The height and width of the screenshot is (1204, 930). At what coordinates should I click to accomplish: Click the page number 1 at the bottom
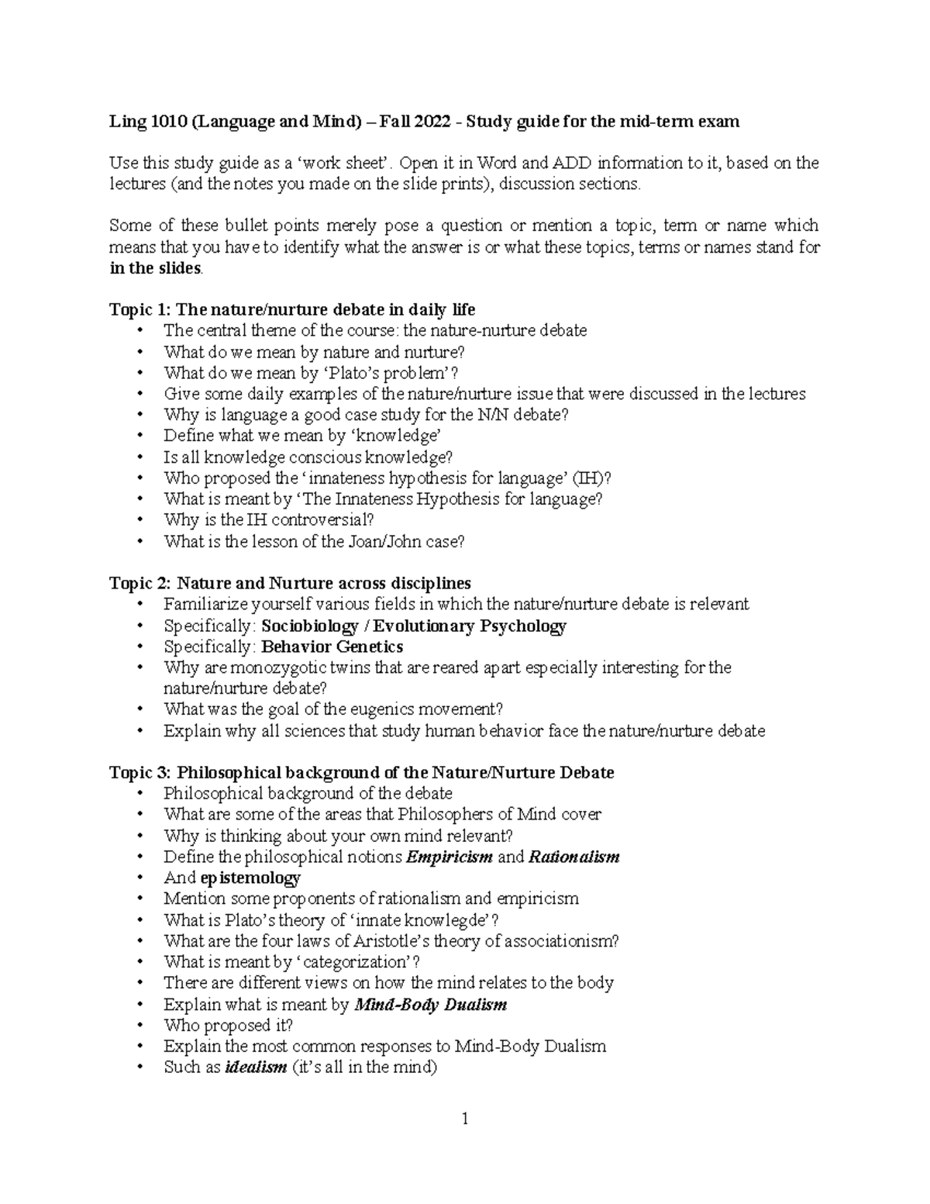[465, 1119]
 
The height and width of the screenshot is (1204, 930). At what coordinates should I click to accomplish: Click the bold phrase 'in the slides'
[155, 269]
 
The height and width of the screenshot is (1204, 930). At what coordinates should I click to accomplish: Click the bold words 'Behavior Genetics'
[332, 647]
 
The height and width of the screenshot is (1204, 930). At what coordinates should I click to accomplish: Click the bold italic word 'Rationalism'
[573, 857]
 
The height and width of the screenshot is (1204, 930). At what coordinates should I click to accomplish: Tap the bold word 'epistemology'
[250, 878]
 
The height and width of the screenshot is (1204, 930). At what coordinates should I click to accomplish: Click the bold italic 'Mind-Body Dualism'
[430, 1005]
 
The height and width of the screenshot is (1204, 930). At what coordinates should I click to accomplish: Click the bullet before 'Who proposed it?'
[140, 1026]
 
